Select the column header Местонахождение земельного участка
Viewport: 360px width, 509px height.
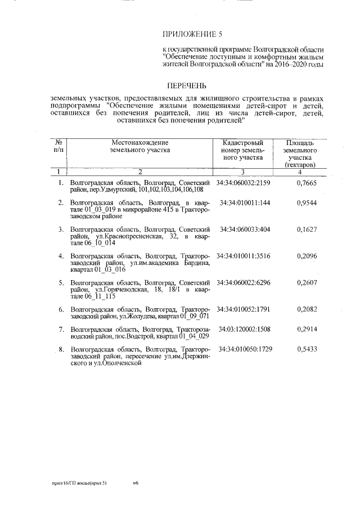point(139,146)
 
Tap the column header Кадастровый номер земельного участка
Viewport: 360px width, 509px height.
point(244,150)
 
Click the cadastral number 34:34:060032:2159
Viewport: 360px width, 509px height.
point(244,183)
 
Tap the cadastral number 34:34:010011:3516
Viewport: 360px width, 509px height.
point(244,256)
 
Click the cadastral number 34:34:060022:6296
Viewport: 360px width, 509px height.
point(244,283)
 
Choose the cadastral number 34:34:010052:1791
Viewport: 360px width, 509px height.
point(244,309)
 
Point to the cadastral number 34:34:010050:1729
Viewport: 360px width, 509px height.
point(244,350)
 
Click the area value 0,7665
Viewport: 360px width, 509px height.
point(307,183)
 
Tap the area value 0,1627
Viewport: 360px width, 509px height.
point(307,229)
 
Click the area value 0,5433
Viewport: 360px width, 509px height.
point(307,350)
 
